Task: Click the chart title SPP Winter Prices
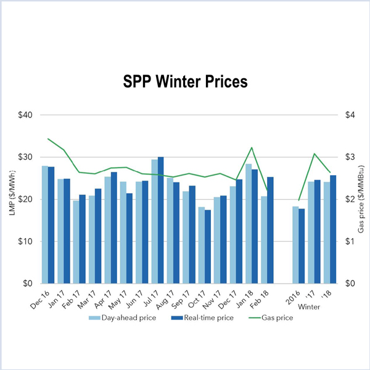click(x=184, y=81)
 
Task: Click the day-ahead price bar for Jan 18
click(x=249, y=223)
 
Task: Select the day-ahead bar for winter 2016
click(x=295, y=245)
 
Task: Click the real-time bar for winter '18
click(x=333, y=229)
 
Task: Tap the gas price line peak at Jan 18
click(x=252, y=147)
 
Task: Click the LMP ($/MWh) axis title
click(x=11, y=199)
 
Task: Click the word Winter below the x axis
click(x=310, y=306)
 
